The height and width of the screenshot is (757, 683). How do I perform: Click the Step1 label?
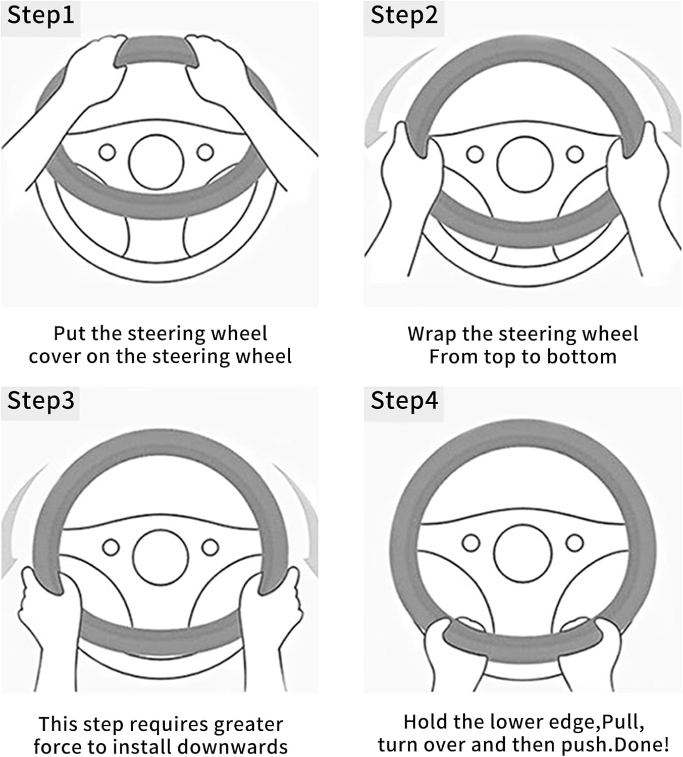[40, 16]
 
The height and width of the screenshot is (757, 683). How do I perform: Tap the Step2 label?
[404, 16]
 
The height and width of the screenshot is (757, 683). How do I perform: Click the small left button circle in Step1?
[107, 152]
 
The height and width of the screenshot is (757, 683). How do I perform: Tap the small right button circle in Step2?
[574, 154]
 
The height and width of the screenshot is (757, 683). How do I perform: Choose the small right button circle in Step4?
[574, 543]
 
